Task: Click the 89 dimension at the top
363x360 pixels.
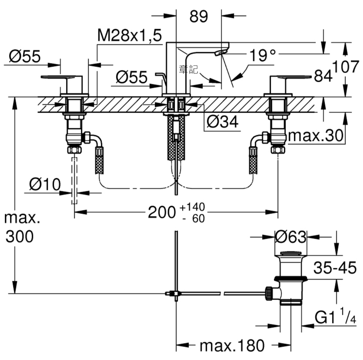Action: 199,17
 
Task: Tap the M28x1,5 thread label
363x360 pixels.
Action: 130,35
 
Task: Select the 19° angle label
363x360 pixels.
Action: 263,55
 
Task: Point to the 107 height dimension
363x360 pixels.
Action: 346,67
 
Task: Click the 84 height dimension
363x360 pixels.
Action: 323,75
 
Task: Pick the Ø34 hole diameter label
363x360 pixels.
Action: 222,122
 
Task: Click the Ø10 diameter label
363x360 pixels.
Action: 45,184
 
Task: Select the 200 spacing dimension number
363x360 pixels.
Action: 162,212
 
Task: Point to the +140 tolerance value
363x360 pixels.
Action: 193,207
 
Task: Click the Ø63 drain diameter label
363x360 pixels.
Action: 290,237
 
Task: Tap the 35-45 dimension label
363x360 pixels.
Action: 335,268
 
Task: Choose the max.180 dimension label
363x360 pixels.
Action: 232,346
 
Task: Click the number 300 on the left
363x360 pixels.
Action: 20,237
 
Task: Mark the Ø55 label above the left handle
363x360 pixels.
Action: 25,56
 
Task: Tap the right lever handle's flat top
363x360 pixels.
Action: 291,77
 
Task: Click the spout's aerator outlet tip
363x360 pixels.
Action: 220,53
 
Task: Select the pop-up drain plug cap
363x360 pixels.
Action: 291,253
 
